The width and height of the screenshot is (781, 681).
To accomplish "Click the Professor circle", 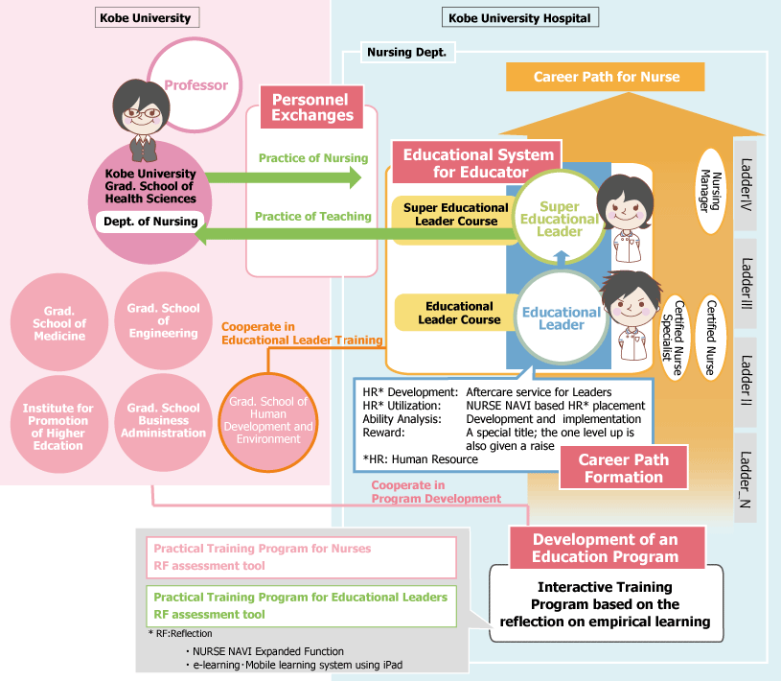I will (x=195, y=85).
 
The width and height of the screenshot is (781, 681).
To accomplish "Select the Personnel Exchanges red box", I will (x=311, y=107).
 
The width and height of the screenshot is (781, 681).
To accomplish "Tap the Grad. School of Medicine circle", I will (x=59, y=323).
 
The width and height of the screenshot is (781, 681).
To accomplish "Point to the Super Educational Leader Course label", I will (x=455, y=214).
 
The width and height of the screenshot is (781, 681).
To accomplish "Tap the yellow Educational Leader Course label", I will (x=459, y=313).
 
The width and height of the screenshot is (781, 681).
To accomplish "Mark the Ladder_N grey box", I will (x=746, y=477).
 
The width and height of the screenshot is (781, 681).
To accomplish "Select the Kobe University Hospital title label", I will (x=518, y=17).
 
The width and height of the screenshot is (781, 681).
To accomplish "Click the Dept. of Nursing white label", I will (x=149, y=222).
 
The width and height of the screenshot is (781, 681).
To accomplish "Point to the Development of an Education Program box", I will (x=606, y=548).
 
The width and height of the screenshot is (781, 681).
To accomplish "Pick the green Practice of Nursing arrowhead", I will (x=355, y=176).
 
